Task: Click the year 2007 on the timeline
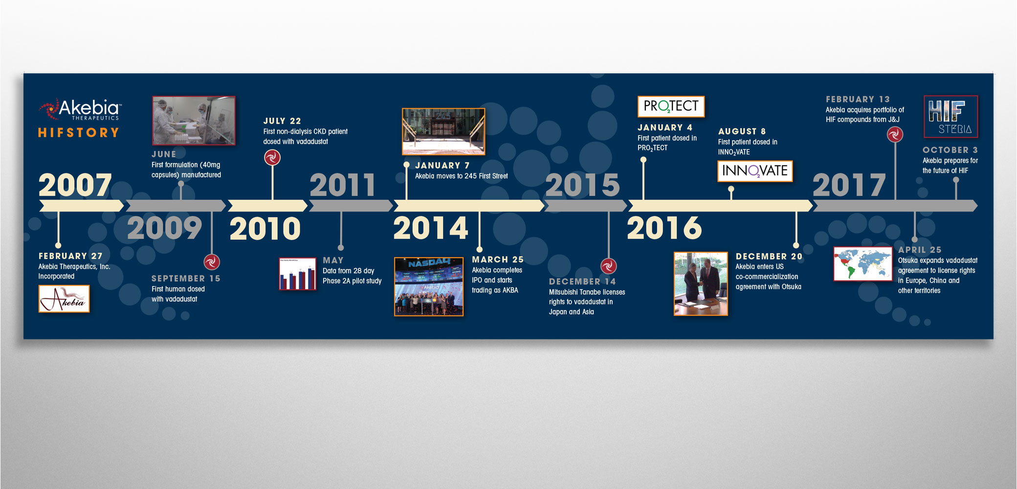pos(75,185)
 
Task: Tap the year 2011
pos(342,185)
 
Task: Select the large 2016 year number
pos(664,228)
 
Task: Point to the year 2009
pos(164,228)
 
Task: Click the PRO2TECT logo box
pos(671,106)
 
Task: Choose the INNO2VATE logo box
pos(755,171)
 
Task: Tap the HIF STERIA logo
pos(951,116)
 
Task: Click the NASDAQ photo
pos(429,287)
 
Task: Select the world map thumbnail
pos(863,264)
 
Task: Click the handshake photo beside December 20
pos(701,284)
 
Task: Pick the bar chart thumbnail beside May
pos(297,274)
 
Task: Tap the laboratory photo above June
pos(194,120)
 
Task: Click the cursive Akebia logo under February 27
pos(64,298)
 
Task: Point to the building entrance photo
pos(443,132)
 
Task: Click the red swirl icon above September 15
pos(212,262)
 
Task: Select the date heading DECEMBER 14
pos(582,282)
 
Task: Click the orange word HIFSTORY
pos(79,133)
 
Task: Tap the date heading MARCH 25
pos(498,260)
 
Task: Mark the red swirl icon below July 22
pos(272,157)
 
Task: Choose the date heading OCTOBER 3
pos(950,150)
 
